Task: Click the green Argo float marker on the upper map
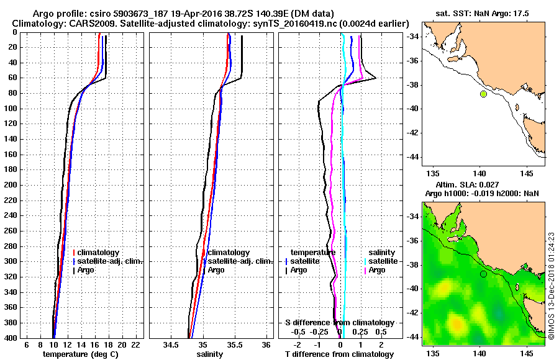pos(483,94)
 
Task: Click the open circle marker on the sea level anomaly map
pos(483,274)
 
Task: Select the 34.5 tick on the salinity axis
pos(171,344)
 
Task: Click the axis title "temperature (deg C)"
pos(80,354)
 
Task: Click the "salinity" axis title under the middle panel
pos(209,354)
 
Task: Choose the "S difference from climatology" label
pos(339,323)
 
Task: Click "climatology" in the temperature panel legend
pos(99,253)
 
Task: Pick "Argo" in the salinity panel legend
pos(216,270)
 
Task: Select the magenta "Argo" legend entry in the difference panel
pos(377,270)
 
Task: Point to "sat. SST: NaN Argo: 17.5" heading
pos(483,12)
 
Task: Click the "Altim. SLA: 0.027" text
pos(483,185)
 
